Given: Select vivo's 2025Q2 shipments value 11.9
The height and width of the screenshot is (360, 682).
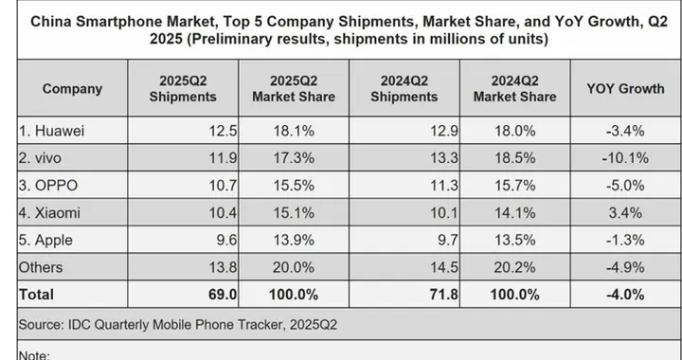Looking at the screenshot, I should [208, 152].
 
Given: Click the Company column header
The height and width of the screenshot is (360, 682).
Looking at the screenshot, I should [72, 88].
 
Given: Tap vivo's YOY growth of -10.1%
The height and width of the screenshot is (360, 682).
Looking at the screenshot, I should [624, 152].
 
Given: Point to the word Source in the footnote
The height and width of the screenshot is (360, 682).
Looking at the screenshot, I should [45, 324].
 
